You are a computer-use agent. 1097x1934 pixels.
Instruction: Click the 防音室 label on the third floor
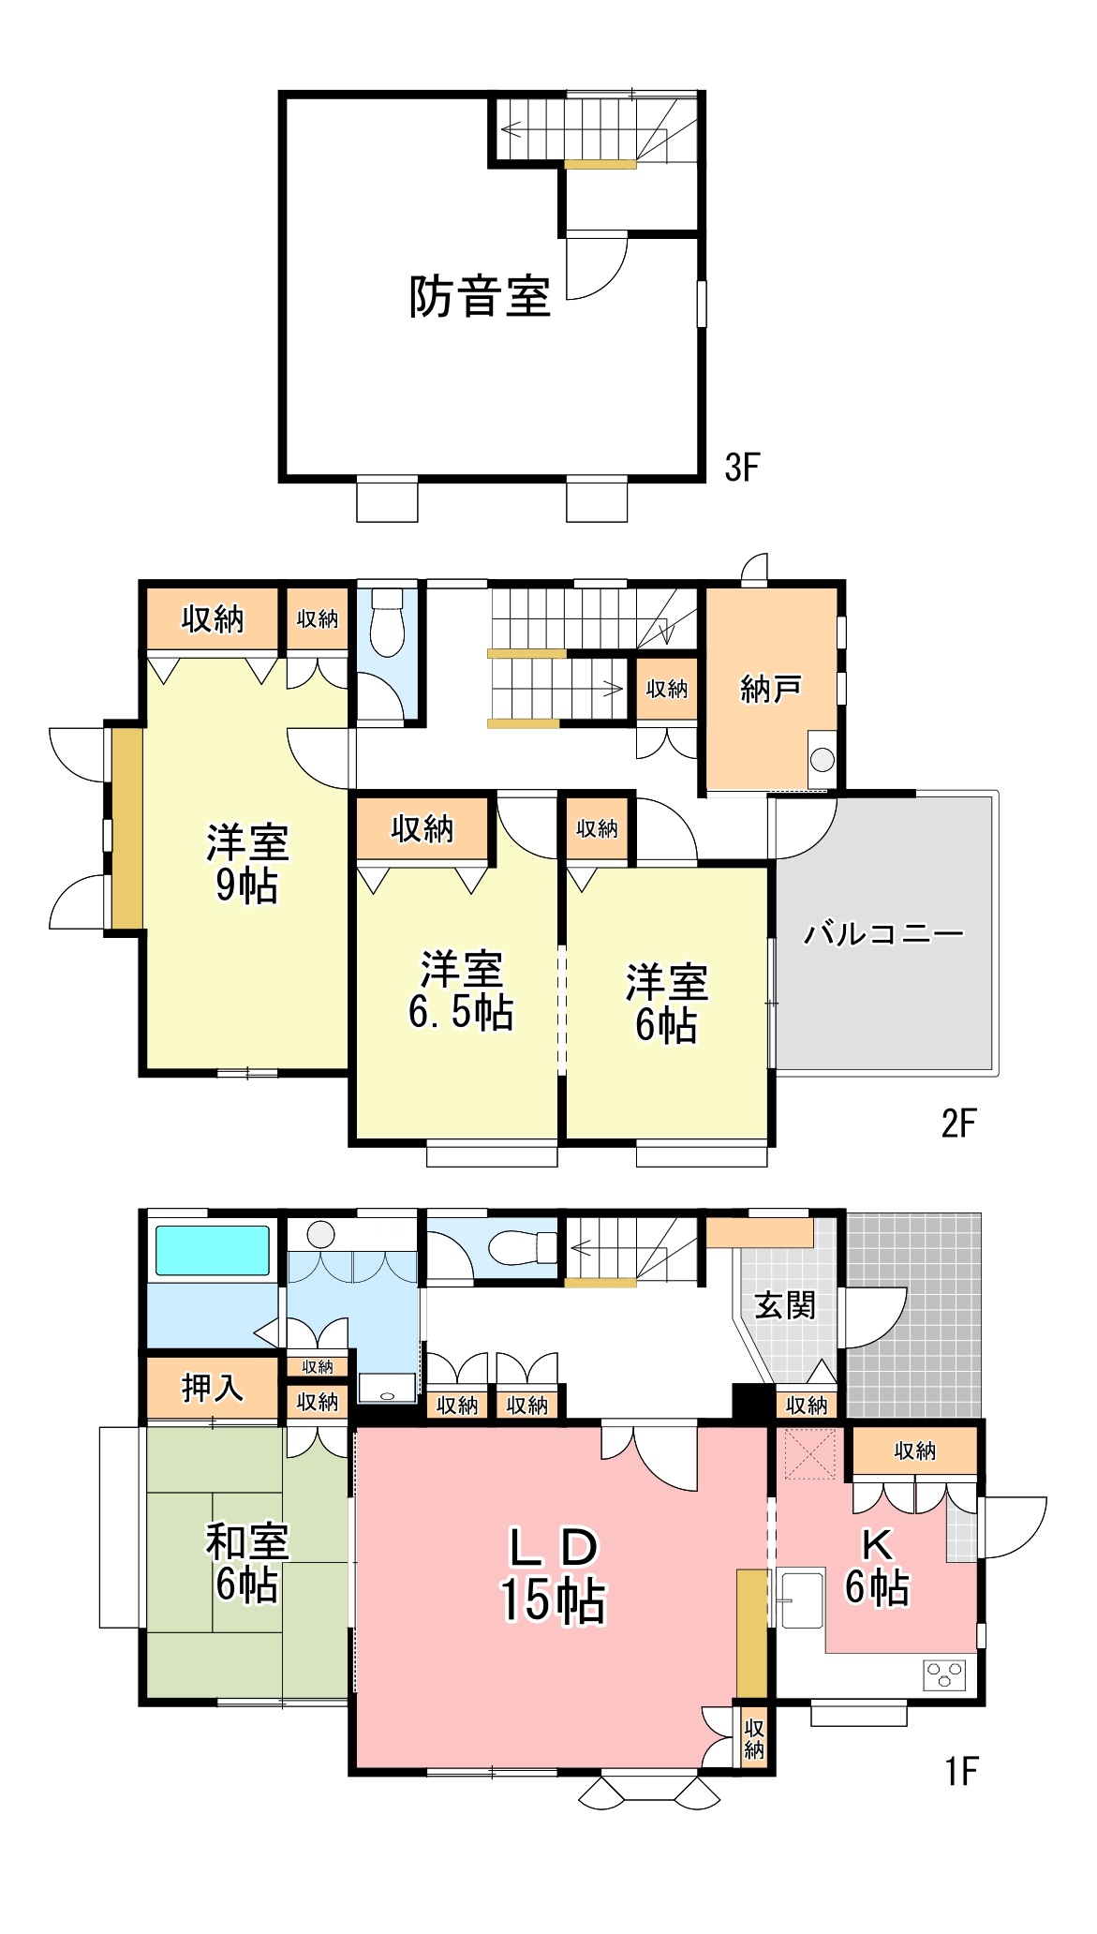[x=479, y=296]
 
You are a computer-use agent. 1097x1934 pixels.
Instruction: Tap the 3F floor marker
[x=742, y=467]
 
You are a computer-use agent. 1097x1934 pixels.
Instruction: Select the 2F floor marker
[x=958, y=1123]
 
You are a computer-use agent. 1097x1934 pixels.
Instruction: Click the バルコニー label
[x=883, y=933]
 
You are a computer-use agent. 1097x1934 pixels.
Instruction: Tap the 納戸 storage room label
[x=770, y=689]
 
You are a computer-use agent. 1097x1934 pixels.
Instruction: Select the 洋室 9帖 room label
[x=247, y=863]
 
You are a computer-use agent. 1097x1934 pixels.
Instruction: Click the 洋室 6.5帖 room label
[x=461, y=990]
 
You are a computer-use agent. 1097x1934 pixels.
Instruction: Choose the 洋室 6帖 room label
[x=667, y=1004]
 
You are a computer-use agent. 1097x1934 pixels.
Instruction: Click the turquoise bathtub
[x=213, y=1251]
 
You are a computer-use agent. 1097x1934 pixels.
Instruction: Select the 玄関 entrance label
[x=785, y=1304]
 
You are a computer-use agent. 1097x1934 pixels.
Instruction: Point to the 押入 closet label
[x=213, y=1388]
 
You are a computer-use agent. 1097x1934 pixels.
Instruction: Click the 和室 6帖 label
[x=247, y=1564]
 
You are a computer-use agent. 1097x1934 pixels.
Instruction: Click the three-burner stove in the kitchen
[x=944, y=1674]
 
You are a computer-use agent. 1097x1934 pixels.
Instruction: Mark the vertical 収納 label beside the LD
[x=754, y=1738]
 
